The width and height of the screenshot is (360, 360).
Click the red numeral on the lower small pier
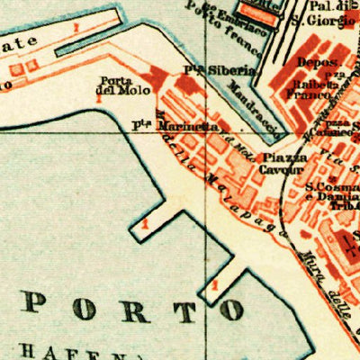213,285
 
